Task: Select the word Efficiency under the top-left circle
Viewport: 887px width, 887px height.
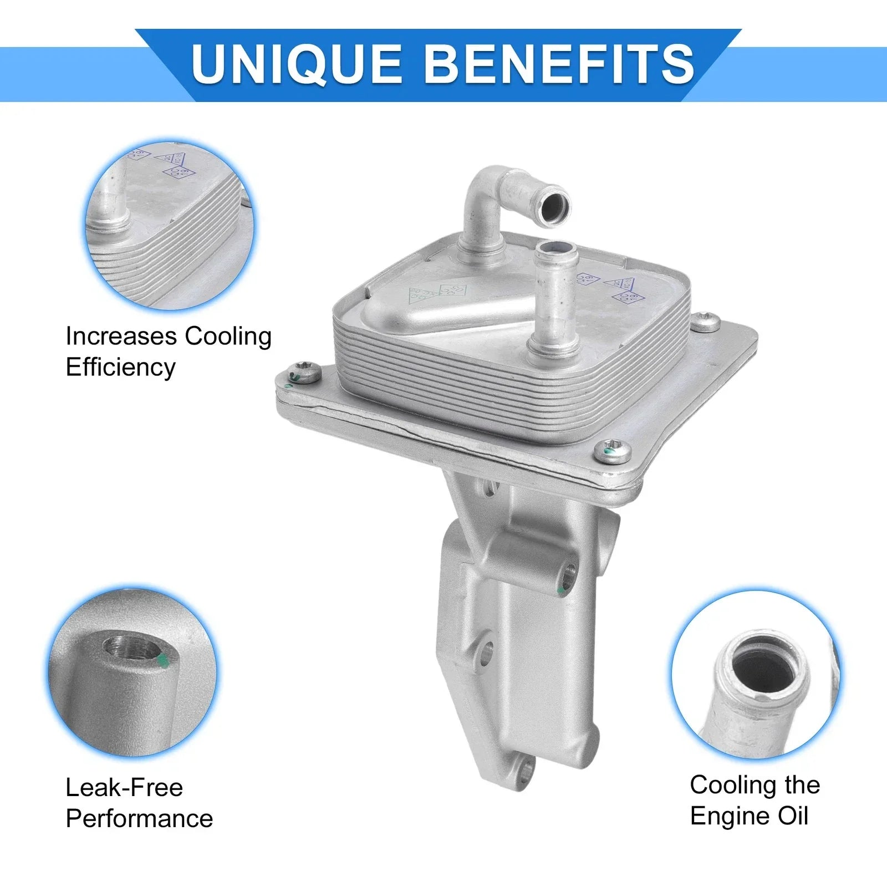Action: (x=120, y=367)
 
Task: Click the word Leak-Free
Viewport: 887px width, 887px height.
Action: (x=124, y=787)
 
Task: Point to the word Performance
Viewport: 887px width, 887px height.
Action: (x=139, y=818)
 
